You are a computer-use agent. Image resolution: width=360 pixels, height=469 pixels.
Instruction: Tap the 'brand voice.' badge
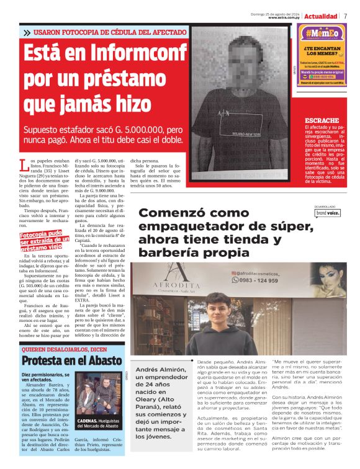point(327,213)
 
